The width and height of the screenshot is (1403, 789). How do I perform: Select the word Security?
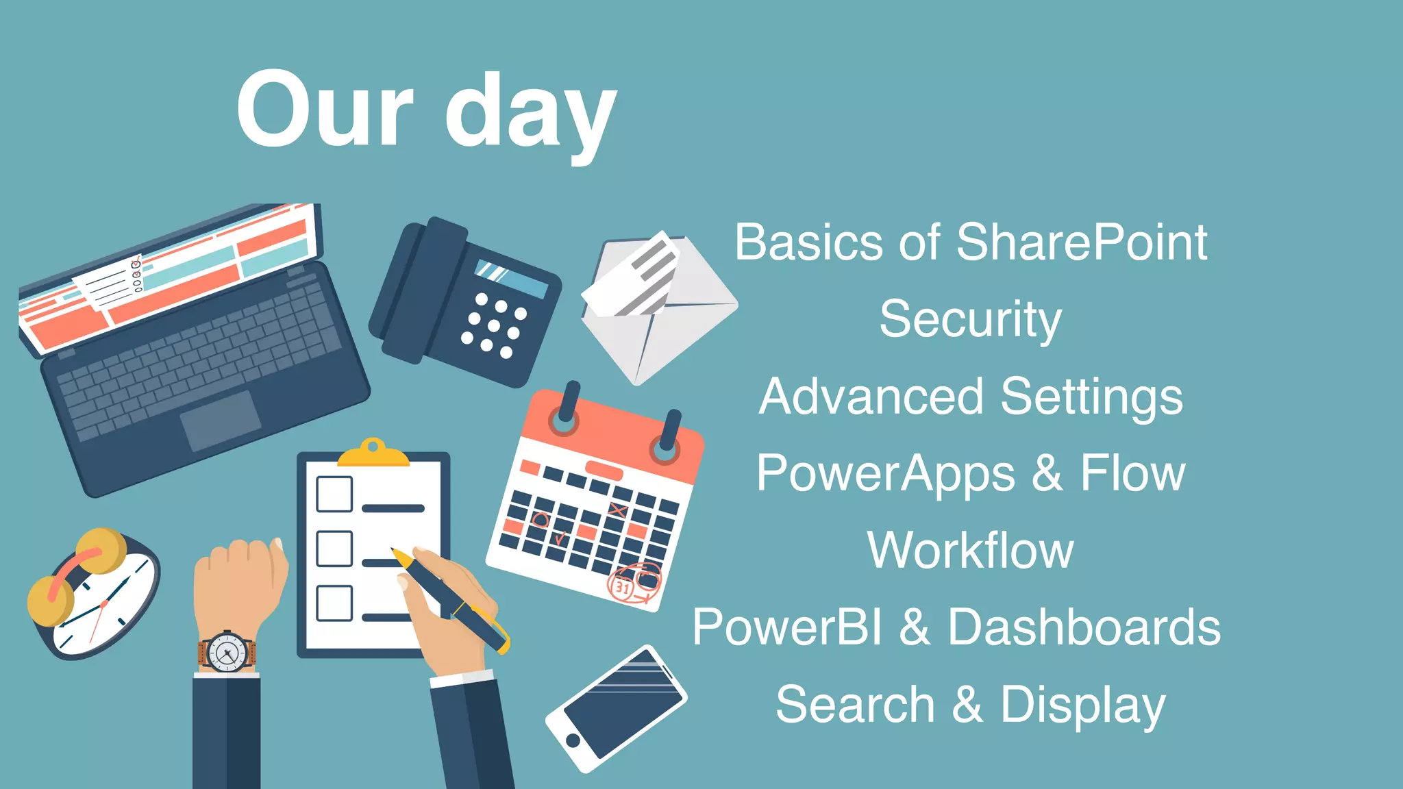click(x=970, y=320)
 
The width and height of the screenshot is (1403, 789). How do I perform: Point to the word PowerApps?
click(x=885, y=474)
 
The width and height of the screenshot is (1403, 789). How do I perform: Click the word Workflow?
click(x=970, y=550)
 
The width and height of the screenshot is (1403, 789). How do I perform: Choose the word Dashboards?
click(x=1084, y=627)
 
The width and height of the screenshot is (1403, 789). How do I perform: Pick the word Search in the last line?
click(x=855, y=705)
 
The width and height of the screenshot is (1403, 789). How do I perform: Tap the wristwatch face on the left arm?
click(x=227, y=651)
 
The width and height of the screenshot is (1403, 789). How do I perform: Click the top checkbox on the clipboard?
click(x=334, y=494)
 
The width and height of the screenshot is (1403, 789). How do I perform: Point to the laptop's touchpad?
click(x=221, y=421)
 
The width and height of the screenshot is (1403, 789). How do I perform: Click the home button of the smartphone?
click(x=573, y=740)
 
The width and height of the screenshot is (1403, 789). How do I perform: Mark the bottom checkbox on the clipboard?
click(x=334, y=603)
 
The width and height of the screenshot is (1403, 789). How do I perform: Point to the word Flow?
click(x=1132, y=474)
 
